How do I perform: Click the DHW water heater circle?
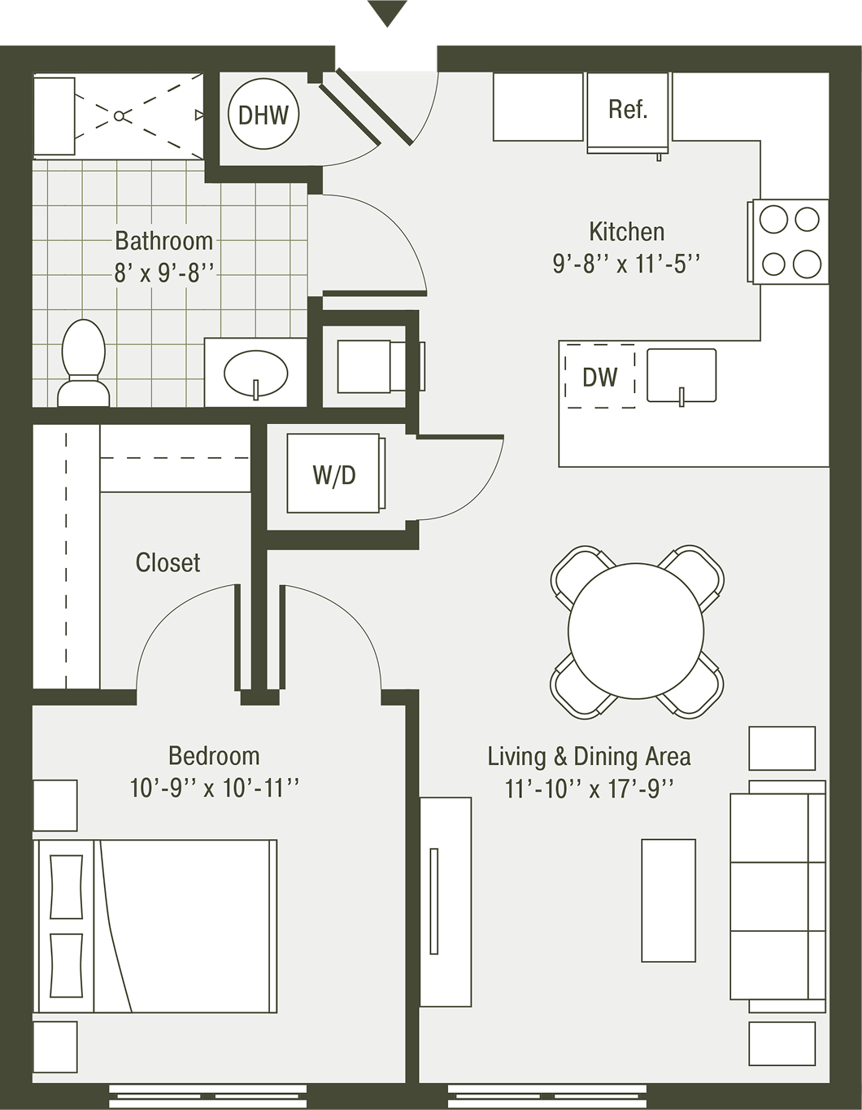(x=263, y=115)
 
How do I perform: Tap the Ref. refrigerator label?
(x=627, y=109)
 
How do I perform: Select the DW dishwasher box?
(x=600, y=376)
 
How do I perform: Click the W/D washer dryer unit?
(x=334, y=474)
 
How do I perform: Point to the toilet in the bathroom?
(x=84, y=362)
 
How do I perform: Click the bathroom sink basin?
(x=255, y=374)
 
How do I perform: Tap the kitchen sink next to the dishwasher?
(x=681, y=375)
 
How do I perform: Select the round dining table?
(x=636, y=631)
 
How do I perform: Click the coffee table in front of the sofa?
(x=668, y=901)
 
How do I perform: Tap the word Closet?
(x=168, y=562)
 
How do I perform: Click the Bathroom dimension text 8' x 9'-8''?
(x=163, y=273)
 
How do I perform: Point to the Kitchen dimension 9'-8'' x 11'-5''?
(x=626, y=264)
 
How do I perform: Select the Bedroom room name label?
(x=214, y=755)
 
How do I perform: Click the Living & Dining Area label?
(x=589, y=756)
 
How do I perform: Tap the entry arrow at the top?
(x=387, y=13)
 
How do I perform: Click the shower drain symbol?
(x=120, y=116)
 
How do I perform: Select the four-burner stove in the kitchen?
(x=790, y=242)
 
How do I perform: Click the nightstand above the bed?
(x=55, y=806)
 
